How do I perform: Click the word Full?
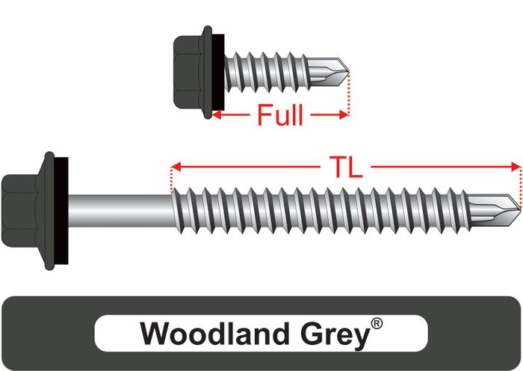280,116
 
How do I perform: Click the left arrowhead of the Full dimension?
216,115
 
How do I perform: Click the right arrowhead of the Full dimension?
344,115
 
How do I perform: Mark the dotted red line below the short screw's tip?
349,93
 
